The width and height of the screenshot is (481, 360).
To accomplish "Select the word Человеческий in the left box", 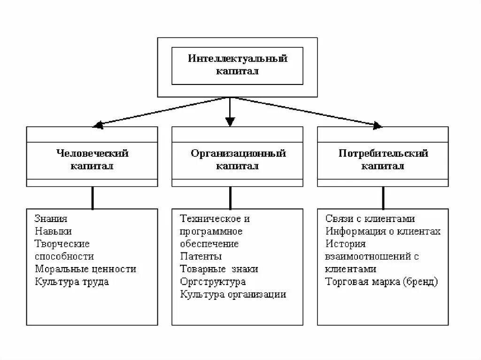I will click(93, 153).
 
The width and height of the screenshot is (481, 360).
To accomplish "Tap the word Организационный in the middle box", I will click(238, 153).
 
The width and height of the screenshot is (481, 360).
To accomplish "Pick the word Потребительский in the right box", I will click(383, 153).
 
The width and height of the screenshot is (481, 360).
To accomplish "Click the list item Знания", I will click(51, 219).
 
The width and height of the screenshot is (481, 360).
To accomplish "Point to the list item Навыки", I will click(53, 231).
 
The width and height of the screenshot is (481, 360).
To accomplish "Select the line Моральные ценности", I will click(85, 269).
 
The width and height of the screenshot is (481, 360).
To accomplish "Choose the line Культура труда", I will click(71, 282).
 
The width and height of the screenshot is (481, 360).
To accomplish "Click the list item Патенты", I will click(201, 257).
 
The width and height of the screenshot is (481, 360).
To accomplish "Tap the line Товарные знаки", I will click(219, 269).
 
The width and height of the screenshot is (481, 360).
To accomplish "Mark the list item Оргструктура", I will click(213, 282).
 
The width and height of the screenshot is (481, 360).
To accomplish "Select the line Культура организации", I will click(233, 295).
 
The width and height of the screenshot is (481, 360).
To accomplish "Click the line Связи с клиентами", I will click(370, 219).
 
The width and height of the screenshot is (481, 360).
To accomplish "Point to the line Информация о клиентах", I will click(383, 231).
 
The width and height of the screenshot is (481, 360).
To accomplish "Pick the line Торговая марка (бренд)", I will click(381, 282).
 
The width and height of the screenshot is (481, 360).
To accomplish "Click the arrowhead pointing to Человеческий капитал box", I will click(97, 125).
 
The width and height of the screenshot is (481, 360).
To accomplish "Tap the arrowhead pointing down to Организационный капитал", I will click(230, 122).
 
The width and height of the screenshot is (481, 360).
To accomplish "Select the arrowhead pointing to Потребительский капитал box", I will click(377, 125).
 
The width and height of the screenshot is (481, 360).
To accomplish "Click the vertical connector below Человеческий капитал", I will click(93, 198).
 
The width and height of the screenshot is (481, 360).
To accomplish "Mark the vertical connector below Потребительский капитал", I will click(383, 198).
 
